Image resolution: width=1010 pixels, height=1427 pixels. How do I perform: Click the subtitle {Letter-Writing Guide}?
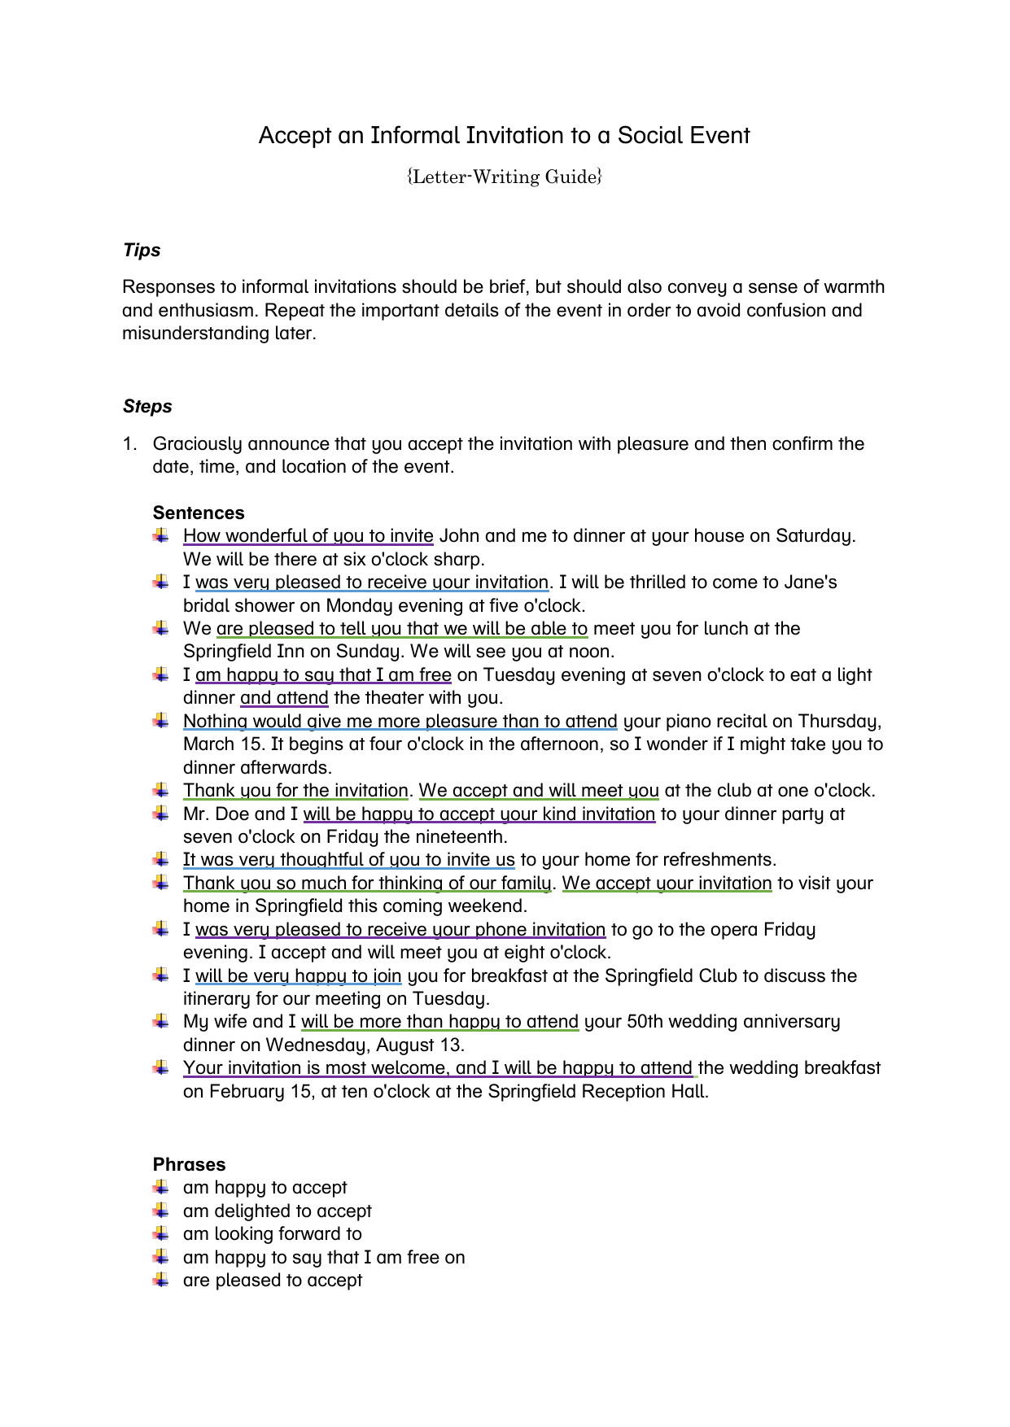click(504, 177)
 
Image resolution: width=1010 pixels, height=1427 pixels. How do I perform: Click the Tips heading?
click(142, 251)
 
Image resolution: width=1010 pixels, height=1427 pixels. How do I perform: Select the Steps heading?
click(147, 407)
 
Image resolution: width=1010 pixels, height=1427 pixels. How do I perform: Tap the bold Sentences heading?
click(199, 513)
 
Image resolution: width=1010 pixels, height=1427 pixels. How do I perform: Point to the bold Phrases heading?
click(189, 1164)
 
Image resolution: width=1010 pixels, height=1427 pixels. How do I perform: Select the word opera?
click(732, 930)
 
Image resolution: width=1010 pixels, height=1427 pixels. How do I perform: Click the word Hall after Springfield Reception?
click(689, 1092)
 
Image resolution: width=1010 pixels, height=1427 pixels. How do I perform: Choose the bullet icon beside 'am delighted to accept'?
click(161, 1211)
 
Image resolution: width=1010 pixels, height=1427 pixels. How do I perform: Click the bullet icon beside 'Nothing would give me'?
click(161, 721)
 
